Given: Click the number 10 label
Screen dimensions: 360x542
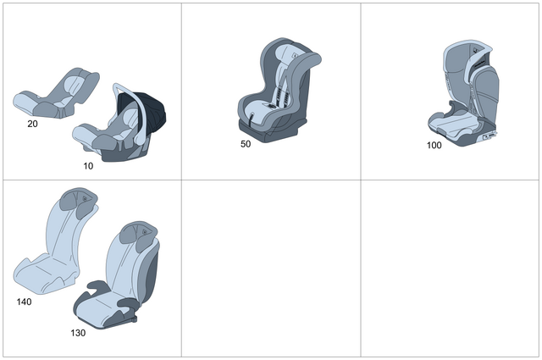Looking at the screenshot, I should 88,166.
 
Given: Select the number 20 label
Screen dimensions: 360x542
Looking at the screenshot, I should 32,124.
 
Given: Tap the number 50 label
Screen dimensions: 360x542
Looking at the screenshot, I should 246,144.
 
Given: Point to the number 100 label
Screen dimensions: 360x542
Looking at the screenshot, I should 434,145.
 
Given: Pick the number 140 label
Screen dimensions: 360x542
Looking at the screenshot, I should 24,302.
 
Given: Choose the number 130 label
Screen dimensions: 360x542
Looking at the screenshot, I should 78,333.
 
